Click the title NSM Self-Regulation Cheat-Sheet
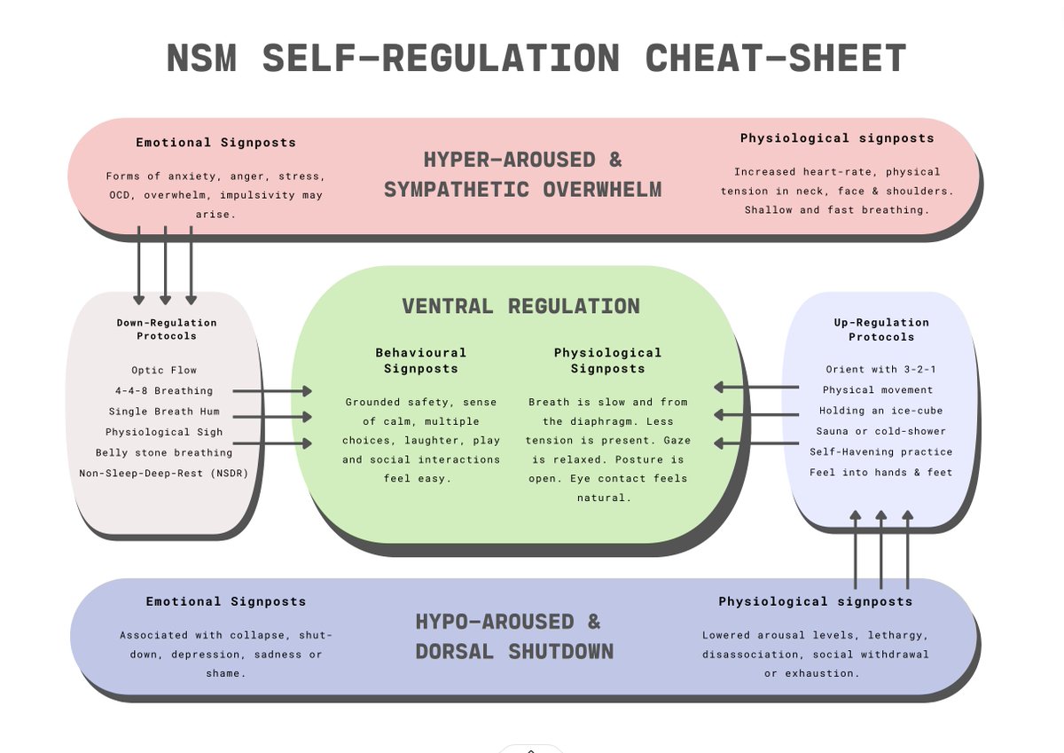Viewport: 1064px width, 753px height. coord(536,59)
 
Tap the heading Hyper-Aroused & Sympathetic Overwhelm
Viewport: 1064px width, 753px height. coord(523,174)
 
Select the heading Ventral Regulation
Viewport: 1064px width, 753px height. coord(520,307)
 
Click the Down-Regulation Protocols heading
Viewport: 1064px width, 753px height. coord(167,329)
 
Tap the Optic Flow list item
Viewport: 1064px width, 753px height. coord(164,370)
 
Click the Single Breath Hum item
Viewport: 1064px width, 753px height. coord(164,412)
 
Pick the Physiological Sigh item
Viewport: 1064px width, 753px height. coord(164,432)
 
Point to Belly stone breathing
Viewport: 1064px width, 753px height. coord(164,452)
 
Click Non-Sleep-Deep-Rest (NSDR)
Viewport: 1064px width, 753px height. coord(164,473)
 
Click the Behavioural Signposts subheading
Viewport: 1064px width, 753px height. coord(420,360)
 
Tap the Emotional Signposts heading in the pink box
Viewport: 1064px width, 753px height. coord(215,142)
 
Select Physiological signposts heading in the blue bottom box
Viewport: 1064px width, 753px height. coord(815,601)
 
